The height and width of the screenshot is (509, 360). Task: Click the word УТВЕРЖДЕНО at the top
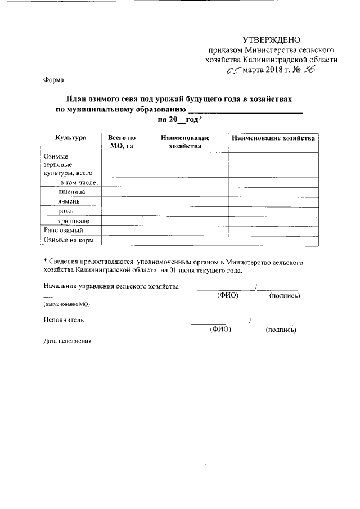[272, 39]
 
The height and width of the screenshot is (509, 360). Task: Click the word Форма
[53, 80]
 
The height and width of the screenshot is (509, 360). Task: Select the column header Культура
[70, 138]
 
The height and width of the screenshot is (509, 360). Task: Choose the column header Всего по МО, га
[121, 142]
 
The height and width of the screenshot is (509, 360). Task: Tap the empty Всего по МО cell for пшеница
[121, 192]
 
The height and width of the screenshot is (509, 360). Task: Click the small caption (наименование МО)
[66, 304]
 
